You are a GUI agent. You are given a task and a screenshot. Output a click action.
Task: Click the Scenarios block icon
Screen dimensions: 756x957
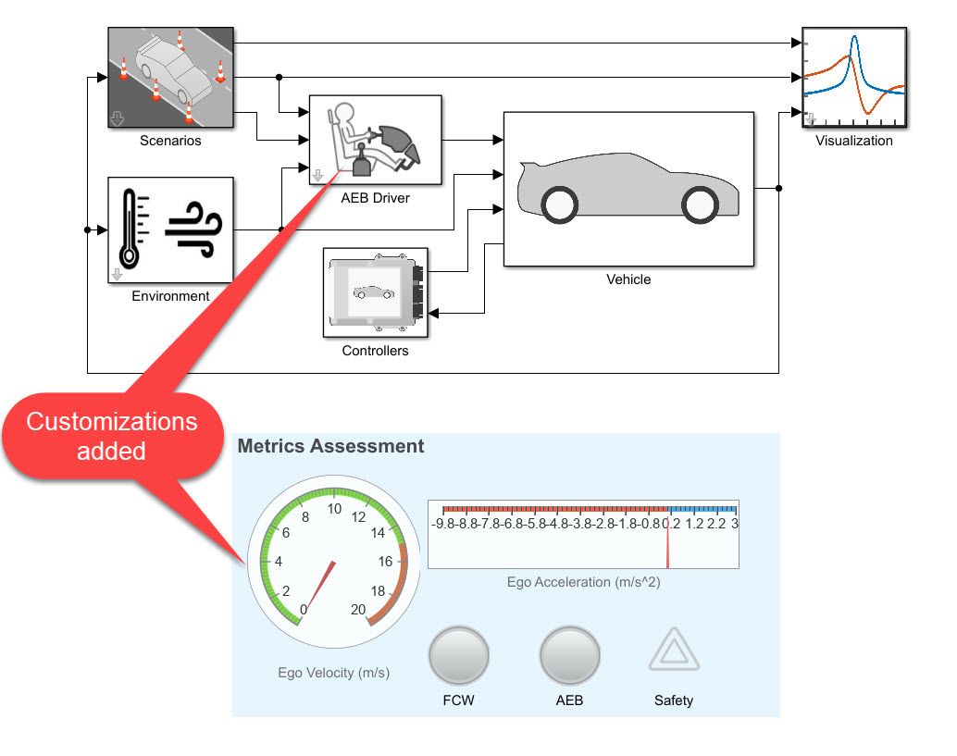click(170, 79)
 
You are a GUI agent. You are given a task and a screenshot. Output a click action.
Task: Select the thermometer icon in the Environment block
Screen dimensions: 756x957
click(130, 228)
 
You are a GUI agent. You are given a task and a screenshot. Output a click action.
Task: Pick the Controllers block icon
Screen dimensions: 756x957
click(375, 292)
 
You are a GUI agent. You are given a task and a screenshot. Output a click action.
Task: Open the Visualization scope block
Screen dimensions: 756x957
click(853, 80)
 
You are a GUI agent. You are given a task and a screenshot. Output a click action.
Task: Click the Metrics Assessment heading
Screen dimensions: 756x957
click(330, 446)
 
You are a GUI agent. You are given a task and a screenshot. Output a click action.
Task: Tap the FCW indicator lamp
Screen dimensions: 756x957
click(458, 656)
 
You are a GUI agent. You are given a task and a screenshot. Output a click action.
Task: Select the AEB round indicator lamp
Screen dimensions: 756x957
click(569, 656)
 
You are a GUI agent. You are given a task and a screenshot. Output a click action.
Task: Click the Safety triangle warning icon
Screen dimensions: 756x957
click(674, 651)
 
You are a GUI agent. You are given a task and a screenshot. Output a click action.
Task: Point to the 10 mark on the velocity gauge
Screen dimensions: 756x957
click(334, 510)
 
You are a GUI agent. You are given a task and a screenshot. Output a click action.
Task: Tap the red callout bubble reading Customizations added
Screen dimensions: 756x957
click(111, 436)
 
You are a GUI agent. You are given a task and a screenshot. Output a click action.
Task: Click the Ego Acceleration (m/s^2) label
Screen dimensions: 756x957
click(583, 582)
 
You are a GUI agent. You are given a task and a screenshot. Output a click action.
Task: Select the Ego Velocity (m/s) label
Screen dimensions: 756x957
click(333, 673)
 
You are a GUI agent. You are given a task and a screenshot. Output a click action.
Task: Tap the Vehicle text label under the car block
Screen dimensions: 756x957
click(628, 279)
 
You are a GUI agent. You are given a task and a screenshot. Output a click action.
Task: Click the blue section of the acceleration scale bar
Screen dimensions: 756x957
click(703, 509)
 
